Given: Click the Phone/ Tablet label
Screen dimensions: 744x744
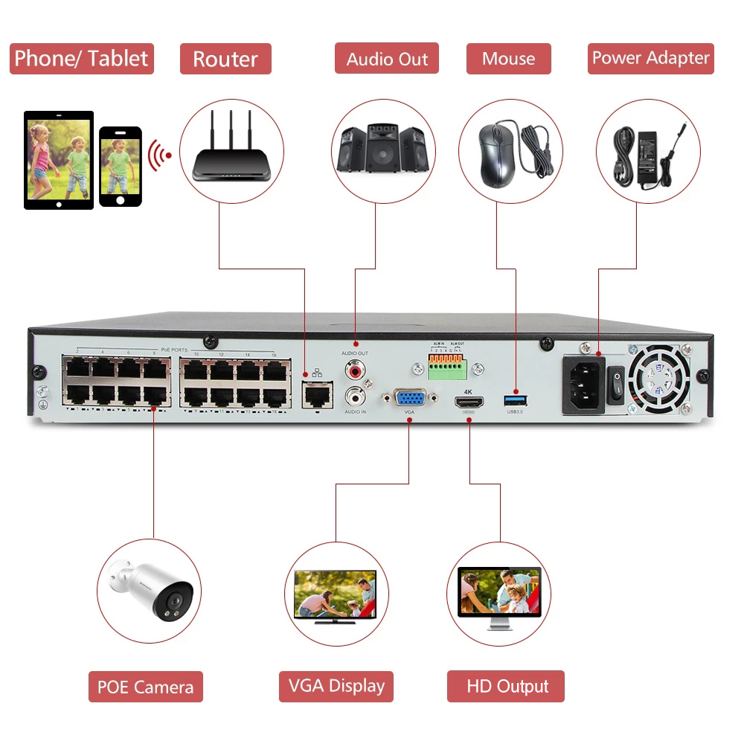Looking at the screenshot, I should [81, 59].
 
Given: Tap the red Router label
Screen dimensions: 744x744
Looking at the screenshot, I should [225, 59].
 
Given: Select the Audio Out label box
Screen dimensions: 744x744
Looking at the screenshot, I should [387, 59].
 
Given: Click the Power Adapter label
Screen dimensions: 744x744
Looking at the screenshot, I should [650, 58].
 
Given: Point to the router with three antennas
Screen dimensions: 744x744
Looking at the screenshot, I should [231, 153].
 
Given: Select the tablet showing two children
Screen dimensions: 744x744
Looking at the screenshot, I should [59, 160].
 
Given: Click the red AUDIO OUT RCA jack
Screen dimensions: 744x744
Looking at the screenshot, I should [354, 368].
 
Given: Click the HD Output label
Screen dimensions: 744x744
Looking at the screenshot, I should [506, 686].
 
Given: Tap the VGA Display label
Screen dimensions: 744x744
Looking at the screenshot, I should [336, 686].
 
